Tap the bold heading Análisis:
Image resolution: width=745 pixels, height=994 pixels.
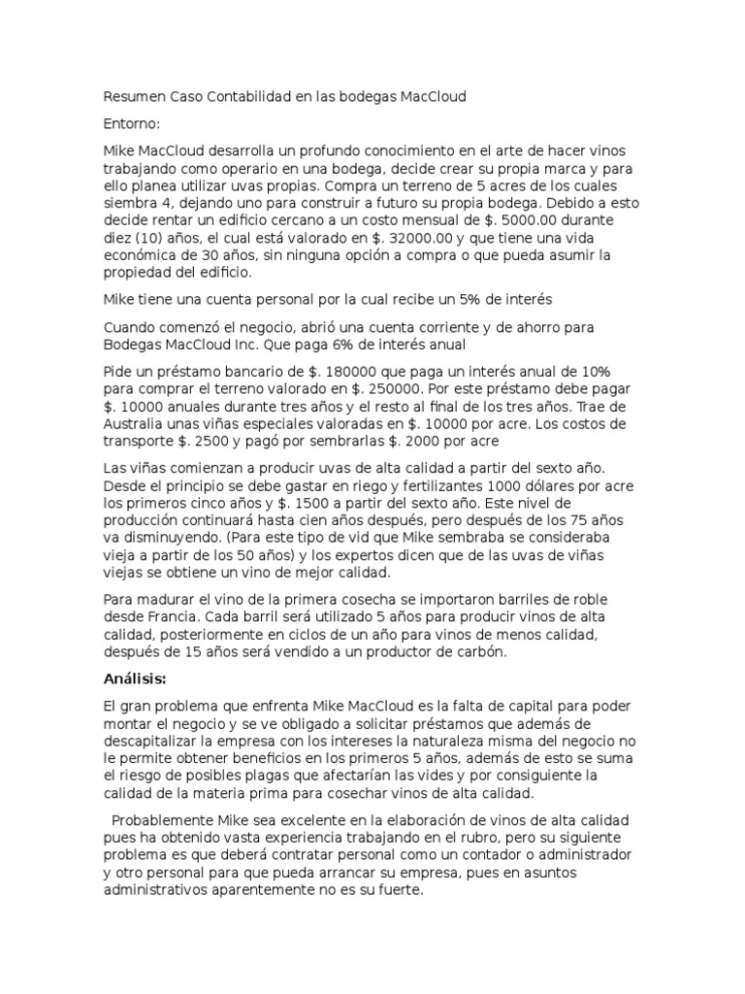pyautogui.click(x=135, y=678)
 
